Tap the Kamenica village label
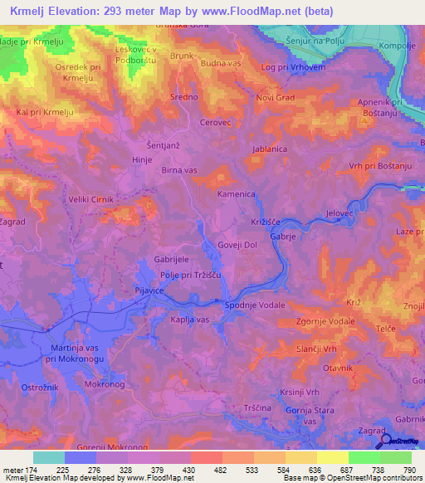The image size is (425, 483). pyautogui.click(x=237, y=193)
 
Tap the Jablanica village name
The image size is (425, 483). pyautogui.click(x=271, y=149)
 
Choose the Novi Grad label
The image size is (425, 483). pyautogui.click(x=274, y=98)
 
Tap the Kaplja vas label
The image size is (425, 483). pyautogui.click(x=189, y=320)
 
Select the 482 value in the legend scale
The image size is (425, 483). pyautogui.click(x=220, y=470)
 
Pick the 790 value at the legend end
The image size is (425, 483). pyautogui.click(x=410, y=470)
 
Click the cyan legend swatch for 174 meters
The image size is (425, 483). pyautogui.click(x=49, y=457)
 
